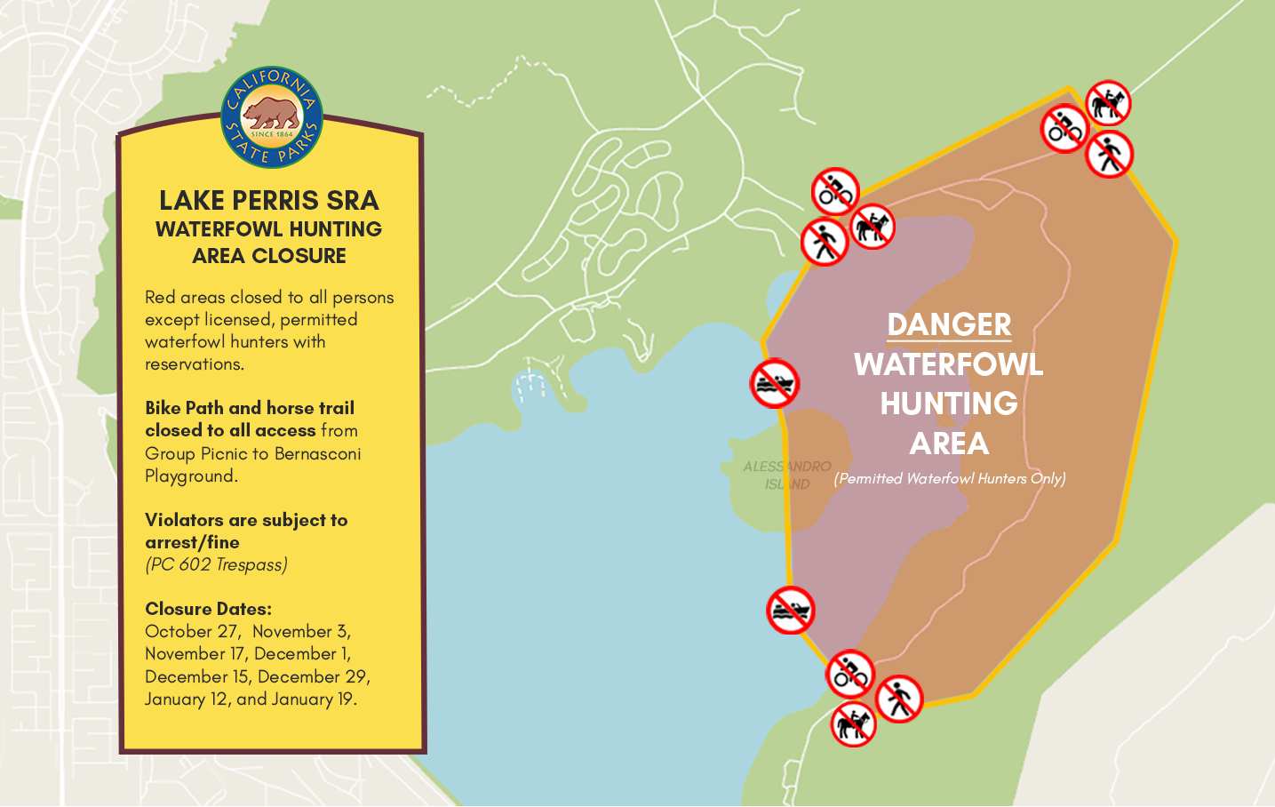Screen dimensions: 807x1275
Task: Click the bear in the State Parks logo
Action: click(x=271, y=113)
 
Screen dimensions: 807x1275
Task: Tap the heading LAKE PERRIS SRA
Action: click(x=268, y=200)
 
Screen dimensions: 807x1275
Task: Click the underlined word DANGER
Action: click(x=949, y=324)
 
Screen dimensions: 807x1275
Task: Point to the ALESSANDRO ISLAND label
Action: click(x=787, y=475)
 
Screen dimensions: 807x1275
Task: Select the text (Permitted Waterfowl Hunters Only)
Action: click(x=950, y=478)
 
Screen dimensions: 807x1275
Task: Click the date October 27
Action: click(x=192, y=631)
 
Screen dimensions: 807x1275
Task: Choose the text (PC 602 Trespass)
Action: click(x=216, y=564)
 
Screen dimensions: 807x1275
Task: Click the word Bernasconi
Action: click(x=317, y=453)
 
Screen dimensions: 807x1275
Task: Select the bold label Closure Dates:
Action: click(x=208, y=609)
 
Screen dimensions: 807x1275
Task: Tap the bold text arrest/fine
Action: click(x=192, y=542)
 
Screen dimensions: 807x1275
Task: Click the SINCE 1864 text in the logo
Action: click(x=271, y=134)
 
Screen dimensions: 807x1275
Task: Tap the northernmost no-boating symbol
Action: click(x=775, y=384)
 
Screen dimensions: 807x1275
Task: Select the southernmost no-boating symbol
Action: click(x=790, y=611)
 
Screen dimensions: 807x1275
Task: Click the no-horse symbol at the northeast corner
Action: click(x=1107, y=103)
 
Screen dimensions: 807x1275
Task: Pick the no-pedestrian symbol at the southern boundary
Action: click(x=899, y=699)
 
